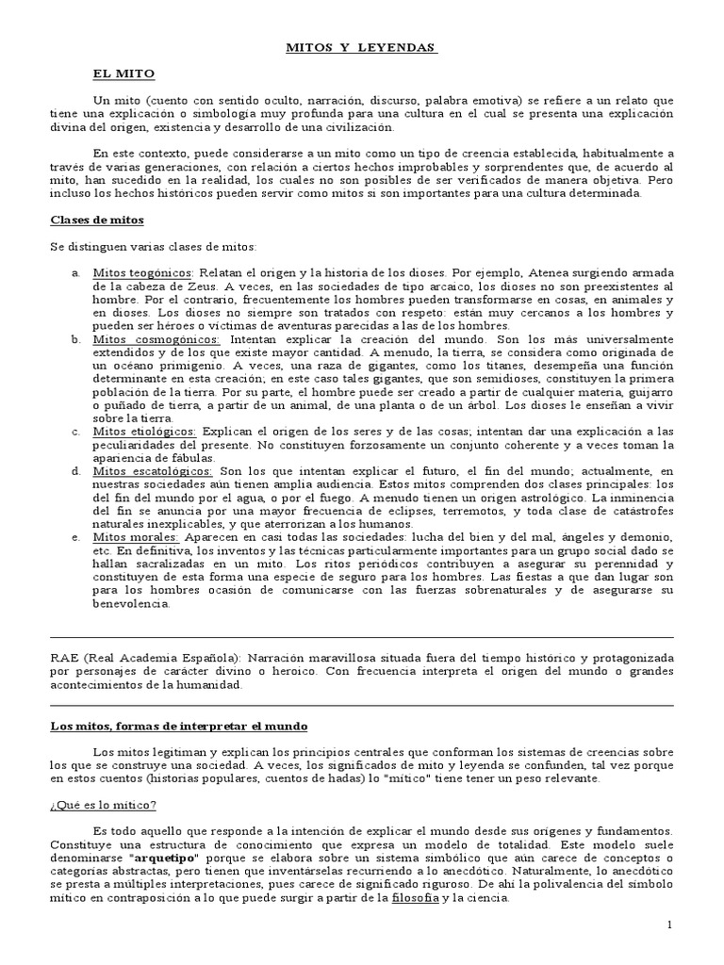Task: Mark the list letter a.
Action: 75,272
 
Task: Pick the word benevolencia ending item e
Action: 131,603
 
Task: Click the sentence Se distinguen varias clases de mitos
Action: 153,246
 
